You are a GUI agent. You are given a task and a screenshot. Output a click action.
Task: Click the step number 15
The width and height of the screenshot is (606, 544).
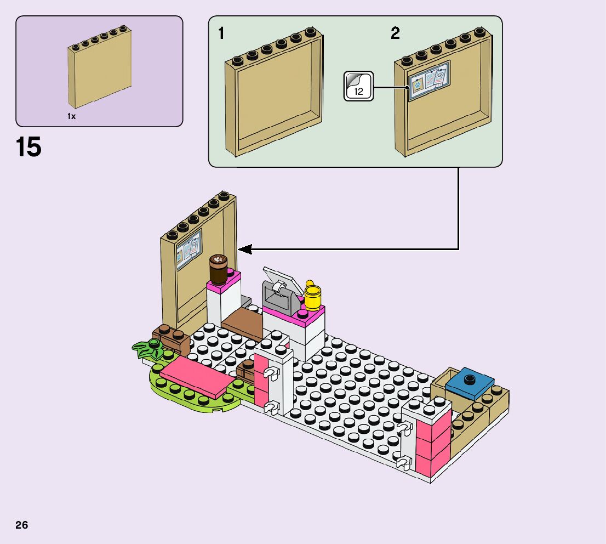28,148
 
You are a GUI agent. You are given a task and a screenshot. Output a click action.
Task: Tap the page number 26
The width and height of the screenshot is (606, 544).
22,525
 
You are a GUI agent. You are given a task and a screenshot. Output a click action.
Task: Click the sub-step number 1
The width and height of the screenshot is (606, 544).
221,34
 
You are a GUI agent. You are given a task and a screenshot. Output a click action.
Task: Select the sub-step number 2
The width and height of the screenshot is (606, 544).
395,34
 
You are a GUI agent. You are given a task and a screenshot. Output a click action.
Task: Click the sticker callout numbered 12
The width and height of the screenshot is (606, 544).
358,87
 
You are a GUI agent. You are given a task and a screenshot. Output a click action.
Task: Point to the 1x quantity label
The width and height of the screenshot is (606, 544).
71,116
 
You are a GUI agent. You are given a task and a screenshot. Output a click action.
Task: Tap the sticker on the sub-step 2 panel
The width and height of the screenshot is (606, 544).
428,80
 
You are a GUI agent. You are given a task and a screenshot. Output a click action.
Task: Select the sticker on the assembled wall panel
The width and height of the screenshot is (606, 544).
188,249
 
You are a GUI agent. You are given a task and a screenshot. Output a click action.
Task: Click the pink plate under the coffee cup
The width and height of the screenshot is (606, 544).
225,282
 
